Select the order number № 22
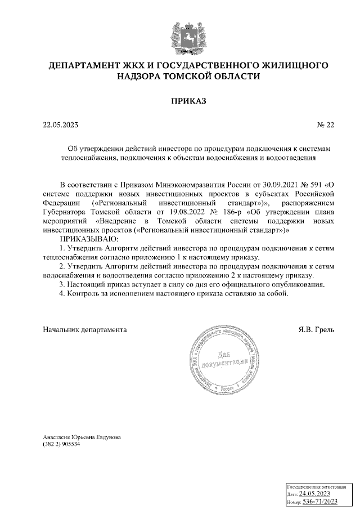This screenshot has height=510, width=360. (x=326, y=125)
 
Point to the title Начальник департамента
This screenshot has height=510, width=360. (x=85, y=329)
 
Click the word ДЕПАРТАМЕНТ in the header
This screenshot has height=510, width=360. (x=89, y=65)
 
